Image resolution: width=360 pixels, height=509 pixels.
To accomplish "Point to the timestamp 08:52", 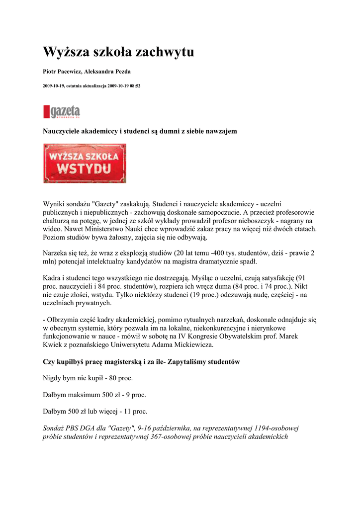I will [x=134, y=86].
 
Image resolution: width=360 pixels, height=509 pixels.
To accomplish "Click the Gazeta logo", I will [x=62, y=111].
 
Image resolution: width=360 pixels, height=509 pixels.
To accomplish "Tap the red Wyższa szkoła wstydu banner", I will [x=85, y=163].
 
